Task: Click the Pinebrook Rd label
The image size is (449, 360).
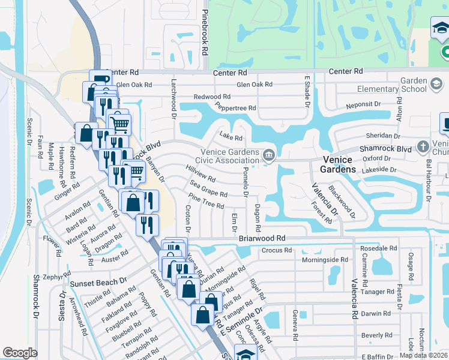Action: point(205,34)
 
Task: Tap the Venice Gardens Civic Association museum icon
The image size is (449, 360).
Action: point(268,155)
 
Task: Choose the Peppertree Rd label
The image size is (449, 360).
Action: point(236,108)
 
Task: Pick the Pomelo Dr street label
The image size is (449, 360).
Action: point(246,182)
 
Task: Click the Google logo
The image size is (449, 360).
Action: point(20,353)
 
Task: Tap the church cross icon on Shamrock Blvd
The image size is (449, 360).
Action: point(424,146)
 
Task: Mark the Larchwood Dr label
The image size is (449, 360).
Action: point(175,97)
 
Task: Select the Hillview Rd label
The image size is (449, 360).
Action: point(200,175)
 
